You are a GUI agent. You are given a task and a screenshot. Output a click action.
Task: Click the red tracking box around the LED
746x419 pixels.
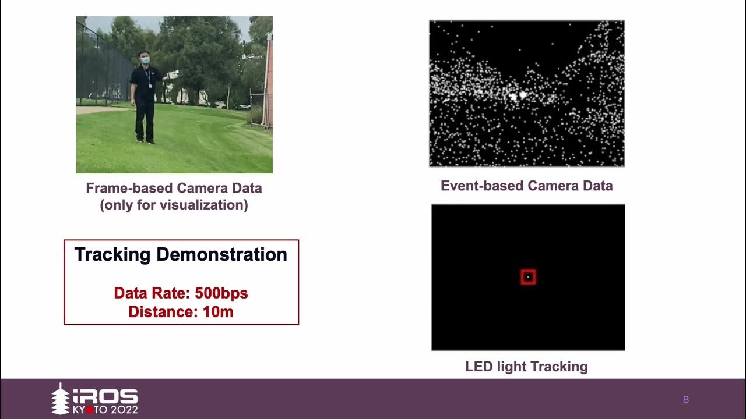(528, 277)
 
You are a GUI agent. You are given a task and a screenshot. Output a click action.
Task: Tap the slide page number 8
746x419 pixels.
(686, 399)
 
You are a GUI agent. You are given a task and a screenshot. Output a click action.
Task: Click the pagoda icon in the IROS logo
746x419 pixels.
(60, 399)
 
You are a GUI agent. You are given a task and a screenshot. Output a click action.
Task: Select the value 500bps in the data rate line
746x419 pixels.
(221, 293)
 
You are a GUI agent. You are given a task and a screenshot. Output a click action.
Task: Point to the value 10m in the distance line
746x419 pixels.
(218, 311)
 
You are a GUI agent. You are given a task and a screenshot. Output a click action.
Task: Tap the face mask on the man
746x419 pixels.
(145, 59)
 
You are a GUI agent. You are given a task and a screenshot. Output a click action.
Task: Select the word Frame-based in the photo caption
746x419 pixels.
(129, 188)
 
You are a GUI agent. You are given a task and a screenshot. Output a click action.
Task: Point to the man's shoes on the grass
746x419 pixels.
(145, 140)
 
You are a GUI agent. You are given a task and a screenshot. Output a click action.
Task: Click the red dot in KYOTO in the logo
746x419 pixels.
(90, 409)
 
